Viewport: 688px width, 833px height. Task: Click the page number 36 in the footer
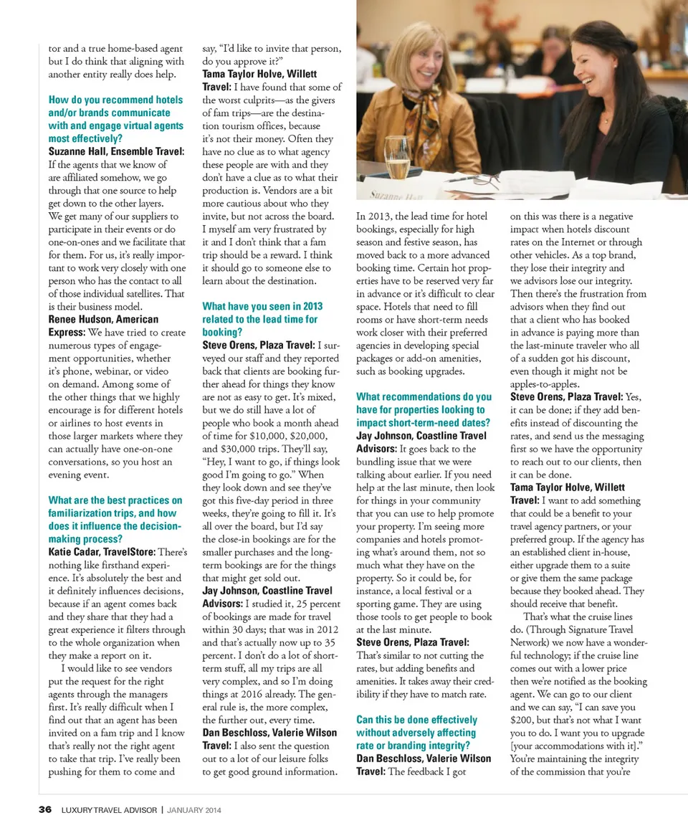[x=45, y=810]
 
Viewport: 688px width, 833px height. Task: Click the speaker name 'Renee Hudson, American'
[x=103, y=319]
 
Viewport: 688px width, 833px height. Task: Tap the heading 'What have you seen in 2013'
[x=262, y=306]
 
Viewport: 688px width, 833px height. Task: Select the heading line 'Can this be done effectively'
[x=416, y=719]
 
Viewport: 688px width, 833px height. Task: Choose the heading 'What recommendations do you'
[x=424, y=396]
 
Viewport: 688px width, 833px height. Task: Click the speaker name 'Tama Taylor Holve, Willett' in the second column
[x=259, y=74]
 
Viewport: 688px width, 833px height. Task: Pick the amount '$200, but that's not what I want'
[x=577, y=720]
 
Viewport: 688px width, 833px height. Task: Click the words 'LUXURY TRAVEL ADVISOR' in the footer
[x=110, y=810]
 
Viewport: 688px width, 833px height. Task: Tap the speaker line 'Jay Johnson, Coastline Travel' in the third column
[x=421, y=435]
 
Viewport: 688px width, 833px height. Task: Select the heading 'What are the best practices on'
[x=115, y=500]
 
